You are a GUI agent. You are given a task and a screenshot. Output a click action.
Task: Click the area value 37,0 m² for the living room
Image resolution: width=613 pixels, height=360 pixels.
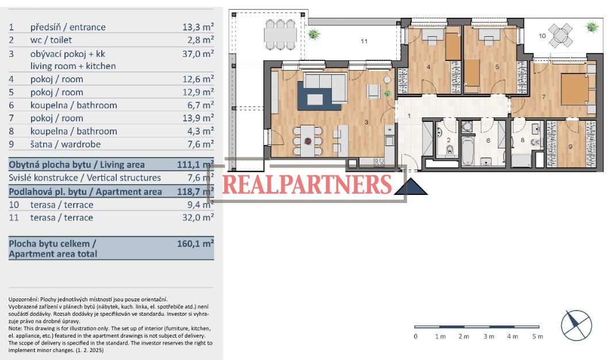(x=198, y=53)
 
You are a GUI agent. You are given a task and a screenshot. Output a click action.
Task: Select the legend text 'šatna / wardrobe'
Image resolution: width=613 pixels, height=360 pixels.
(x=66, y=144)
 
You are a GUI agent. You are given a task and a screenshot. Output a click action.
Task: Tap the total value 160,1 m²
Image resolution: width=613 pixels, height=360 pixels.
(x=195, y=243)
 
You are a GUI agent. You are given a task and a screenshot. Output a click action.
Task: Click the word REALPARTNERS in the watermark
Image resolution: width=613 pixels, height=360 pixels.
(x=307, y=185)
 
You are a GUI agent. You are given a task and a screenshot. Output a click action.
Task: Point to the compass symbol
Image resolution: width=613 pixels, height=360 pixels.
(x=576, y=325)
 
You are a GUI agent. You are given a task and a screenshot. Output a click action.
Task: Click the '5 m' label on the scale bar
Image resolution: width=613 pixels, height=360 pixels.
(x=538, y=336)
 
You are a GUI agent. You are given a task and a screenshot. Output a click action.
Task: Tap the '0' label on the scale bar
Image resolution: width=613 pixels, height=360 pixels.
(x=415, y=336)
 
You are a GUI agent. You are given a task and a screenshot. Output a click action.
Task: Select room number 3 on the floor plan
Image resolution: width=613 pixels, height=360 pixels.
(x=366, y=122)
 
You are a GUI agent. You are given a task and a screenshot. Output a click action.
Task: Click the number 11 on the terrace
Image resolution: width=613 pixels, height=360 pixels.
(x=364, y=41)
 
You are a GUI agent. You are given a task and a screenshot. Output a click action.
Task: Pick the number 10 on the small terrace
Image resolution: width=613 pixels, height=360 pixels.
(x=542, y=36)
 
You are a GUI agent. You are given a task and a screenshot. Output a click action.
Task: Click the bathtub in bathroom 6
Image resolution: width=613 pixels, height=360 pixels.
(x=468, y=151)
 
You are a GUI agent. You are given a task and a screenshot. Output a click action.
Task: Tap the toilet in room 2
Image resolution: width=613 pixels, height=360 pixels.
(x=449, y=150)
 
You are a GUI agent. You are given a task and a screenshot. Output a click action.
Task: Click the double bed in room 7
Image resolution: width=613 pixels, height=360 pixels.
(x=574, y=89)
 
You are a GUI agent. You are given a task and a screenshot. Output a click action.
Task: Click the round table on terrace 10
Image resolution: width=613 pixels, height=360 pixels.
(x=561, y=35)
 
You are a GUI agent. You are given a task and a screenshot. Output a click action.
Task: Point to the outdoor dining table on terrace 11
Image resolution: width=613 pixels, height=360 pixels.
(x=280, y=35)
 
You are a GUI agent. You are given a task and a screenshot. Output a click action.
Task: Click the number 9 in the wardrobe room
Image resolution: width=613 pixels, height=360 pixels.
(x=570, y=147)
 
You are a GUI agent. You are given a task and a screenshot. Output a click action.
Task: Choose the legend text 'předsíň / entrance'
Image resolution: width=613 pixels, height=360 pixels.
(x=68, y=27)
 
